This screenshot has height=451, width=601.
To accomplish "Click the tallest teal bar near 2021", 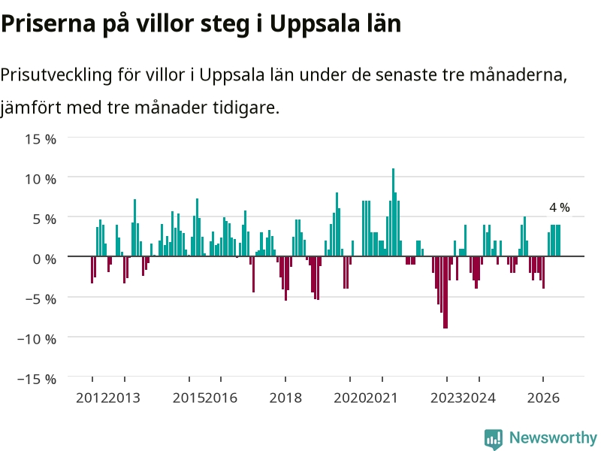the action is click(393, 212).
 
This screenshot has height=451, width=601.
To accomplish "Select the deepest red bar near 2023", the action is click(445, 292).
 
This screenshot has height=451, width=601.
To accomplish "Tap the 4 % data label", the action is click(560, 207).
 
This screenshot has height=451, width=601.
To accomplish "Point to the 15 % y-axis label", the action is click(41, 139).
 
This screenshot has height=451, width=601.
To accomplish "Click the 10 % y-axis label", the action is click(41, 179).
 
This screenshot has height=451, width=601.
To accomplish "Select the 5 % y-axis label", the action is click(44, 219).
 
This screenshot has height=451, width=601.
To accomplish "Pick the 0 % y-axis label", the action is click(44, 259).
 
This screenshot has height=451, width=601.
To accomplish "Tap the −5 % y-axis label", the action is click(41, 298).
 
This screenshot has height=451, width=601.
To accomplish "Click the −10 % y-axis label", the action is click(37, 339).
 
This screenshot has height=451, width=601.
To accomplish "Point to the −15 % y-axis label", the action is click(37, 379).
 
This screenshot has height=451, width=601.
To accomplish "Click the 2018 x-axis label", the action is click(285, 398).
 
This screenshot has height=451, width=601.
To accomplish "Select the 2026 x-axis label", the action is click(543, 398).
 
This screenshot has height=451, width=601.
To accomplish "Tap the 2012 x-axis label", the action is click(92, 398).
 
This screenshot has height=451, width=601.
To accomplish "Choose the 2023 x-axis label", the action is click(447, 398).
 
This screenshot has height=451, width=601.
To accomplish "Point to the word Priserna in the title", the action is click(48, 23).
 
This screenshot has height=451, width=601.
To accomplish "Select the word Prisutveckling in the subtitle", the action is click(56, 74).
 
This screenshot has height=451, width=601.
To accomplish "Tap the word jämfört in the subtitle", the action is click(30, 107).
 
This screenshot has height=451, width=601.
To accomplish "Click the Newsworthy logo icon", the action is click(494, 439).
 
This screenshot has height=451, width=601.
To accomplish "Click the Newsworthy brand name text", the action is click(553, 437).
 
